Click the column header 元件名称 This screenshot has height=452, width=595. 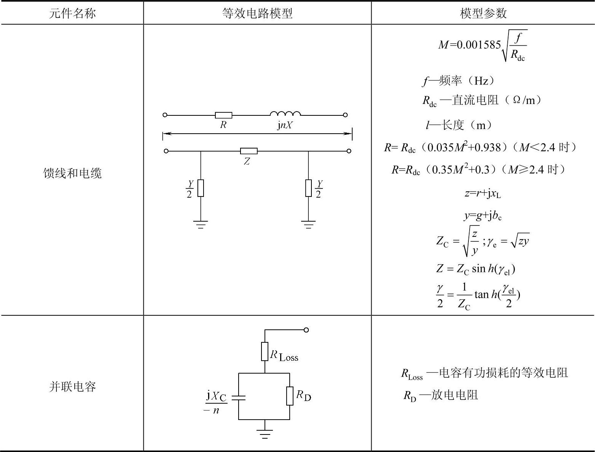72,13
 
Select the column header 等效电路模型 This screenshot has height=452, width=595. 257,13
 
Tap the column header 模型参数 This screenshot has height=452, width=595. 483,13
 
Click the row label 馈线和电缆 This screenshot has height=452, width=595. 72,173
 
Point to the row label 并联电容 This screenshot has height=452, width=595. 72,387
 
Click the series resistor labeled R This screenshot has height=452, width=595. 223,115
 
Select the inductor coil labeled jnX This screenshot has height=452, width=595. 285,113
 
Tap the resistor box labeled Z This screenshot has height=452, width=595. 249,151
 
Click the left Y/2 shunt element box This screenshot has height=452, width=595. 201,188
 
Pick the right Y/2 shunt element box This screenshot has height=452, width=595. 308,188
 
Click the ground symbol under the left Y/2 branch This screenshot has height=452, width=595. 201,224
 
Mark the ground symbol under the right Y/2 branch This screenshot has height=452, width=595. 308,224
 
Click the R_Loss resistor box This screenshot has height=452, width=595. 265,351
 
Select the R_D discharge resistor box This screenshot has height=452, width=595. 290,396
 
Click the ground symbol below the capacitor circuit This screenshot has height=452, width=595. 265,434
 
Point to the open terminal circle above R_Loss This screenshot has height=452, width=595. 306,330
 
